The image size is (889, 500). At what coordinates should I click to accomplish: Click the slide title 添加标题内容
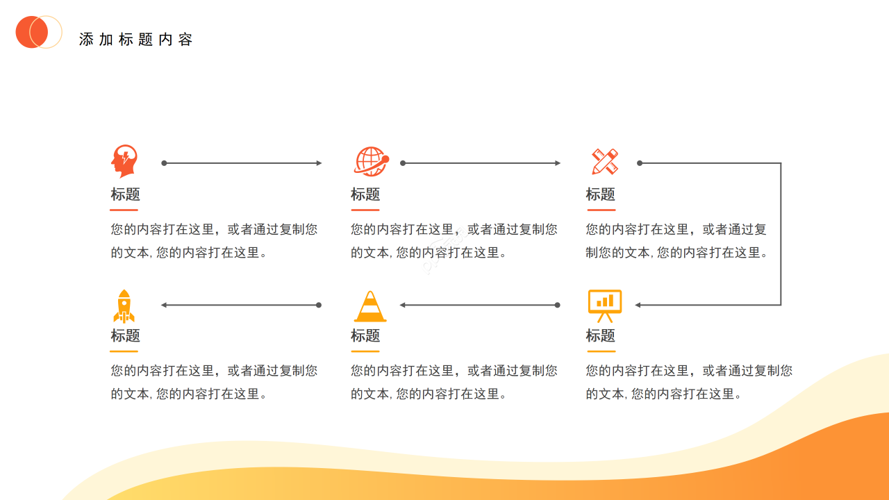[x=135, y=40]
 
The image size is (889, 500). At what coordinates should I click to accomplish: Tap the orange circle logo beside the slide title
[x=33, y=32]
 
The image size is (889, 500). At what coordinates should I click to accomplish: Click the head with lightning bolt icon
[x=124, y=161]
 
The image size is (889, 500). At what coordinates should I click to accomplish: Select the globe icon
[x=371, y=162]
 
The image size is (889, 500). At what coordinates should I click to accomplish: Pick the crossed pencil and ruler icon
[x=604, y=161]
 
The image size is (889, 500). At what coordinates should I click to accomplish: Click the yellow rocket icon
[x=124, y=306]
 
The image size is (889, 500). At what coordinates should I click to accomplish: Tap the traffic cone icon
[x=370, y=306]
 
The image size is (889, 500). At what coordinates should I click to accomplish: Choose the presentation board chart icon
[x=604, y=306]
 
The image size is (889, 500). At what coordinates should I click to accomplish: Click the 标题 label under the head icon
[x=125, y=194]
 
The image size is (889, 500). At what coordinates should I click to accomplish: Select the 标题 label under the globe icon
[x=365, y=194]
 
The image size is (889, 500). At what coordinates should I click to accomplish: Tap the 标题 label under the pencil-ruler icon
[x=601, y=194]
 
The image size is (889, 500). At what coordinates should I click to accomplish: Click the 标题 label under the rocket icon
[x=125, y=336]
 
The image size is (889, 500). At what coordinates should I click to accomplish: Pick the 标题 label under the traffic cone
[x=365, y=336]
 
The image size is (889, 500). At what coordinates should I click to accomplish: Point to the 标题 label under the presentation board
[x=601, y=336]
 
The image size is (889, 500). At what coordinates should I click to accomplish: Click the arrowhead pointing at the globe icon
[x=319, y=163]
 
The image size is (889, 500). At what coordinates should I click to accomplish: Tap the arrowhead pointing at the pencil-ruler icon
[x=558, y=163]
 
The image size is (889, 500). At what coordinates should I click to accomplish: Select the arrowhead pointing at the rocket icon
[x=164, y=305]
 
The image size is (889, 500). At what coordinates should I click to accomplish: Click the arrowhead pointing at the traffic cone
[x=403, y=305]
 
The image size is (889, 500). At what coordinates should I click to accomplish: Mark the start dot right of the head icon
[x=164, y=163]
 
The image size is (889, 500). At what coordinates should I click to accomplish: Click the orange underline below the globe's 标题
[x=365, y=209]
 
